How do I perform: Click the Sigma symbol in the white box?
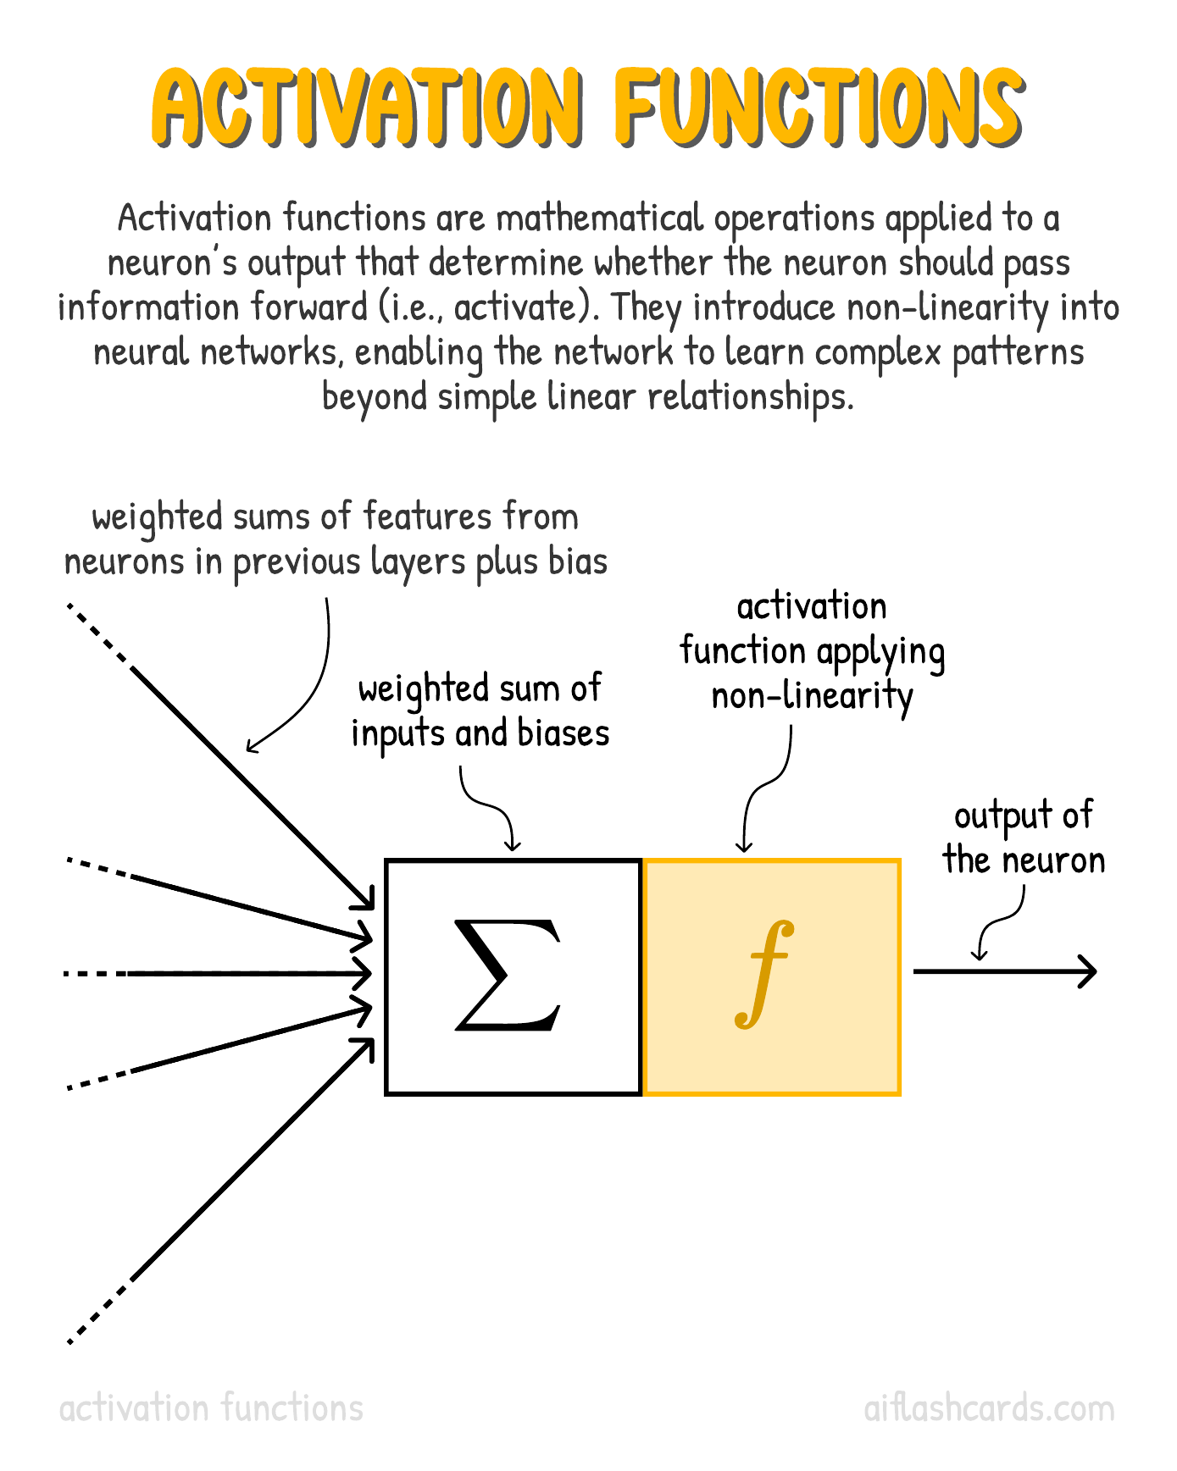point(508,975)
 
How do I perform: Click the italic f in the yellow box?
point(764,974)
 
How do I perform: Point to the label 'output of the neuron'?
point(1024,838)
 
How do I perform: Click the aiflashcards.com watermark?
point(989,1408)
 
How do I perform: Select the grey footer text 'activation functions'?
point(211,1408)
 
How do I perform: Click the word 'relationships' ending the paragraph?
point(751,396)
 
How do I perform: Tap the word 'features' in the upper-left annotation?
point(428,517)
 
